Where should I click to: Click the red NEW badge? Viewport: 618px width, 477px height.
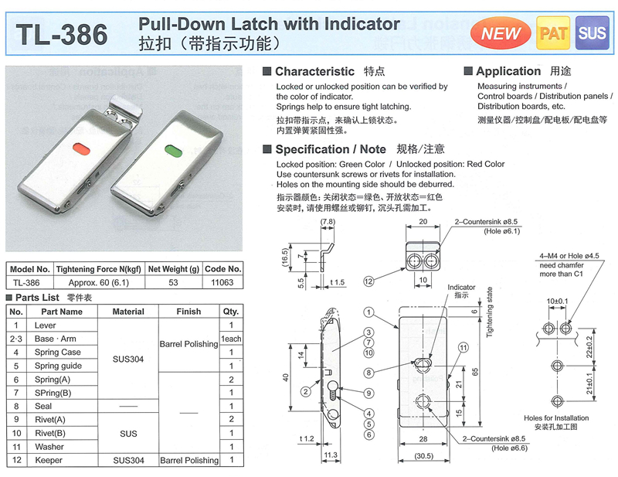pyautogui.click(x=501, y=33)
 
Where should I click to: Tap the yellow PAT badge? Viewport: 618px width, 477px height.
pyautogui.click(x=553, y=33)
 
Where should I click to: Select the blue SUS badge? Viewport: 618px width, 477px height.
pyautogui.click(x=592, y=33)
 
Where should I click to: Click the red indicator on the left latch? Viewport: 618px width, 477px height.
pyautogui.click(x=82, y=148)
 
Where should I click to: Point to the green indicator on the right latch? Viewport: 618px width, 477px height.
pyautogui.click(x=172, y=151)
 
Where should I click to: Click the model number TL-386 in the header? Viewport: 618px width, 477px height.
pyautogui.click(x=62, y=34)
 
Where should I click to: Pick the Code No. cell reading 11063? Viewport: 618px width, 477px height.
pyautogui.click(x=222, y=282)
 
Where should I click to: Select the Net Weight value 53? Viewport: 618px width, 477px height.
pyautogui.click(x=173, y=282)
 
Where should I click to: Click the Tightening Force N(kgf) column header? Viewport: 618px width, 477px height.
pyautogui.click(x=99, y=269)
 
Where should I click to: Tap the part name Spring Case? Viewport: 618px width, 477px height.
pyautogui.click(x=57, y=352)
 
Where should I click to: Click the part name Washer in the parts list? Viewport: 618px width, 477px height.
pyautogui.click(x=49, y=447)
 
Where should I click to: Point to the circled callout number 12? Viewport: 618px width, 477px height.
pyautogui.click(x=368, y=281)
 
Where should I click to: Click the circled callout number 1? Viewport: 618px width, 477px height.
pyautogui.click(x=368, y=312)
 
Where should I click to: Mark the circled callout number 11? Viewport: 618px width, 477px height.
pyautogui.click(x=463, y=348)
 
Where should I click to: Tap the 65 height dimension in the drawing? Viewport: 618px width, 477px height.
pyautogui.click(x=475, y=372)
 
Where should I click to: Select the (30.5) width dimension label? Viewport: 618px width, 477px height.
pyautogui.click(x=423, y=456)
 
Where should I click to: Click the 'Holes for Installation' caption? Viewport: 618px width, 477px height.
pyautogui.click(x=556, y=417)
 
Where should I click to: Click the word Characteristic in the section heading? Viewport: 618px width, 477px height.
pyautogui.click(x=314, y=71)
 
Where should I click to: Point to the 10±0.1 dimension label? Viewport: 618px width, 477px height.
pyautogui.click(x=557, y=302)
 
